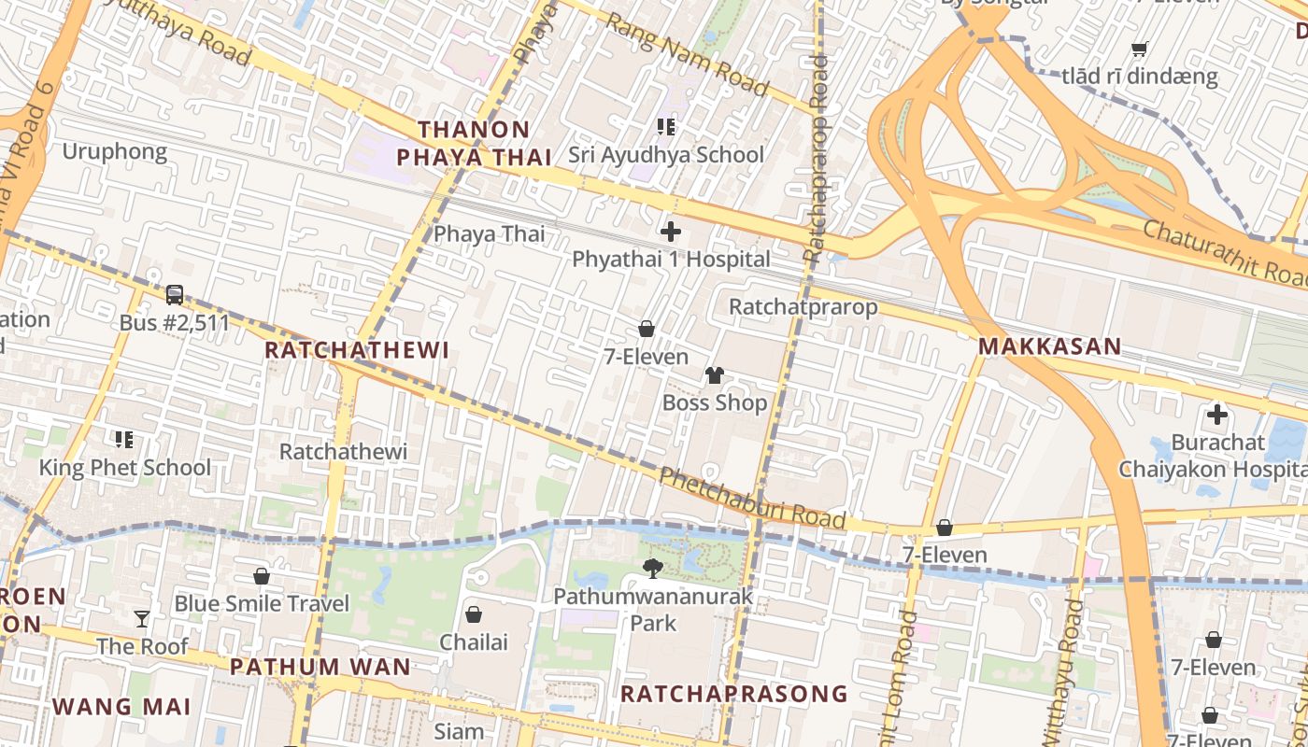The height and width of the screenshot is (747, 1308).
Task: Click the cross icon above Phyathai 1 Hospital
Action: pyautogui.click(x=670, y=232)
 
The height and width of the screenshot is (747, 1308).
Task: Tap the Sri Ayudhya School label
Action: pyautogui.click(x=666, y=155)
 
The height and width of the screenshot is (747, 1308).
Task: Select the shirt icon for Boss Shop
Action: pyautogui.click(x=715, y=375)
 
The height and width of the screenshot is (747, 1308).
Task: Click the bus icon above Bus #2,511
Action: pyautogui.click(x=175, y=295)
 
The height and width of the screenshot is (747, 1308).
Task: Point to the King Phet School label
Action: pyautogui.click(x=125, y=468)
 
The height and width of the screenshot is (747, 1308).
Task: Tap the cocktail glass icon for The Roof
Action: pyautogui.click(x=142, y=618)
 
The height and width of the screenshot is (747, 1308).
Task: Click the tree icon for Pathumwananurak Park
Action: pyautogui.click(x=653, y=567)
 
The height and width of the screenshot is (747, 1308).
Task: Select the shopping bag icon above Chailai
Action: pyautogui.click(x=474, y=614)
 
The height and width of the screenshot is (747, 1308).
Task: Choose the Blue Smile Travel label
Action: pyautogui.click(x=262, y=604)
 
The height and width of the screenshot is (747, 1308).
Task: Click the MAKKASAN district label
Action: pyautogui.click(x=1049, y=346)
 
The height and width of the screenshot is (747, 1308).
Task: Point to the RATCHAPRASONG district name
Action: pyautogui.click(x=734, y=694)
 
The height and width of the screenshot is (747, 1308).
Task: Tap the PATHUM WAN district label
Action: pyautogui.click(x=320, y=667)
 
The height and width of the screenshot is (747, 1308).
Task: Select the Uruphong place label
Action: pyautogui.click(x=114, y=151)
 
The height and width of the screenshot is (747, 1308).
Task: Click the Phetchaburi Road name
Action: pyautogui.click(x=752, y=499)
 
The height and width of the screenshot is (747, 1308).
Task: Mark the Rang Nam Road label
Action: pyautogui.click(x=687, y=56)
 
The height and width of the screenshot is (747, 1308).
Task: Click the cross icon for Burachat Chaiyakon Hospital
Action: pyautogui.click(x=1217, y=415)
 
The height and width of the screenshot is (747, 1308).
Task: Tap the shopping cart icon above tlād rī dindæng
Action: pyautogui.click(x=1139, y=49)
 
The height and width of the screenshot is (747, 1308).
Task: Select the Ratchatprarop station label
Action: pyautogui.click(x=803, y=306)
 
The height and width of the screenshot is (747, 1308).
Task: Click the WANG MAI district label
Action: pyautogui.click(x=121, y=707)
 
